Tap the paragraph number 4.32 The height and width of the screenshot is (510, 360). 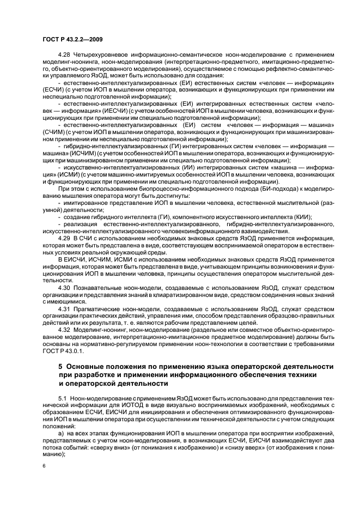tap(64, 331)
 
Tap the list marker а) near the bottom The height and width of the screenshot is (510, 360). tap(61, 433)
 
